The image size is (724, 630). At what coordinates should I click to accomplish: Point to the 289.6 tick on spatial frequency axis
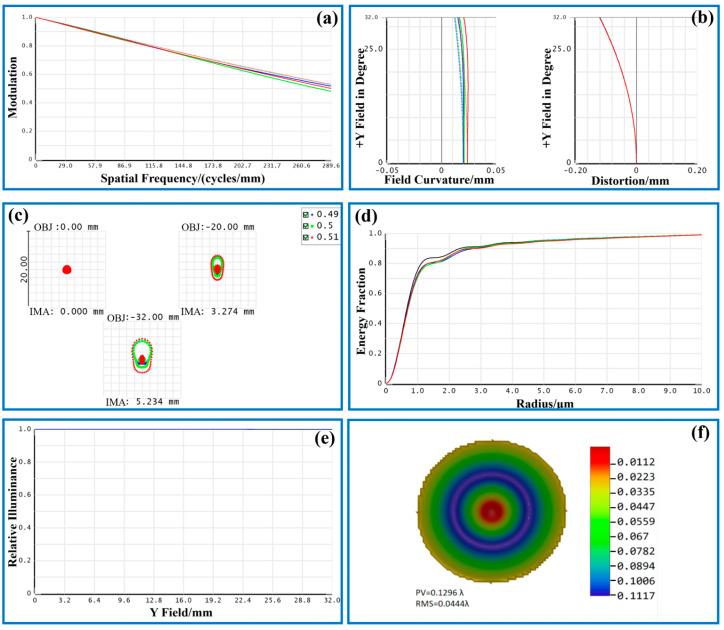pos(327,165)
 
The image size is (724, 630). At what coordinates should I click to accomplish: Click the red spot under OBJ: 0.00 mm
pos(67,269)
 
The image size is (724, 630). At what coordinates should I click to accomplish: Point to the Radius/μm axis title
pos(543,404)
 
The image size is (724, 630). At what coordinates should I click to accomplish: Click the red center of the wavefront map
pos(490,511)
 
